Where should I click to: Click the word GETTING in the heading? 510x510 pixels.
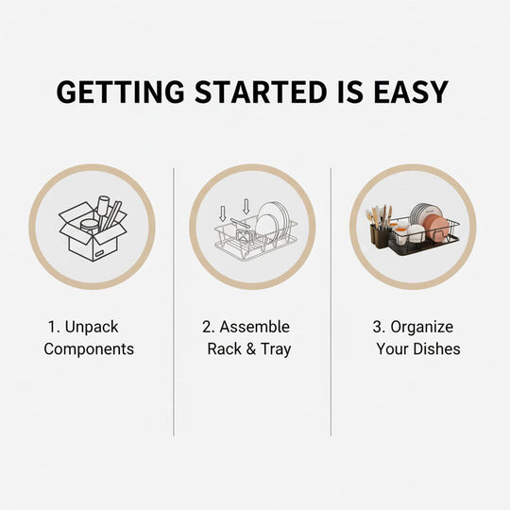tap(120, 92)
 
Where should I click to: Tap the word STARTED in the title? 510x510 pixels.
tap(261, 92)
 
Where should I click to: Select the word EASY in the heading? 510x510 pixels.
tap(411, 92)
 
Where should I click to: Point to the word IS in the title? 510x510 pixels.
tap(350, 92)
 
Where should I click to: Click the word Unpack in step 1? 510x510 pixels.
tap(92, 328)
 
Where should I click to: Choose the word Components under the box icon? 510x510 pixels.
tap(89, 349)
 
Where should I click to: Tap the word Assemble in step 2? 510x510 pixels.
tap(255, 327)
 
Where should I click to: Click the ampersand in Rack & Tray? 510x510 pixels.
tap(251, 349)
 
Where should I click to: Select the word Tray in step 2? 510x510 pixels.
tap(276, 349)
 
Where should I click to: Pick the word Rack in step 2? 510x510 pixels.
tap(225, 349)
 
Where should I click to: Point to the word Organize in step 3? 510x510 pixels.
tap(422, 328)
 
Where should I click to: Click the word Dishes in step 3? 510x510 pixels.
tap(439, 349)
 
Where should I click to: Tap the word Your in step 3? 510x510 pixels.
tap(395, 349)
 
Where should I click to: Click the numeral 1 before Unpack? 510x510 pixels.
tap(53, 327)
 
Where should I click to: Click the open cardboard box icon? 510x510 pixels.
tap(93, 229)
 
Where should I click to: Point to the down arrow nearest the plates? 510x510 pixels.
tap(246, 207)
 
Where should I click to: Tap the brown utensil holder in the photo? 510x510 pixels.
tap(380, 236)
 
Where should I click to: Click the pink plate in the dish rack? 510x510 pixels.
tap(435, 229)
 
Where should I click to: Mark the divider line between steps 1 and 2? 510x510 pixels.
tap(174, 302)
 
